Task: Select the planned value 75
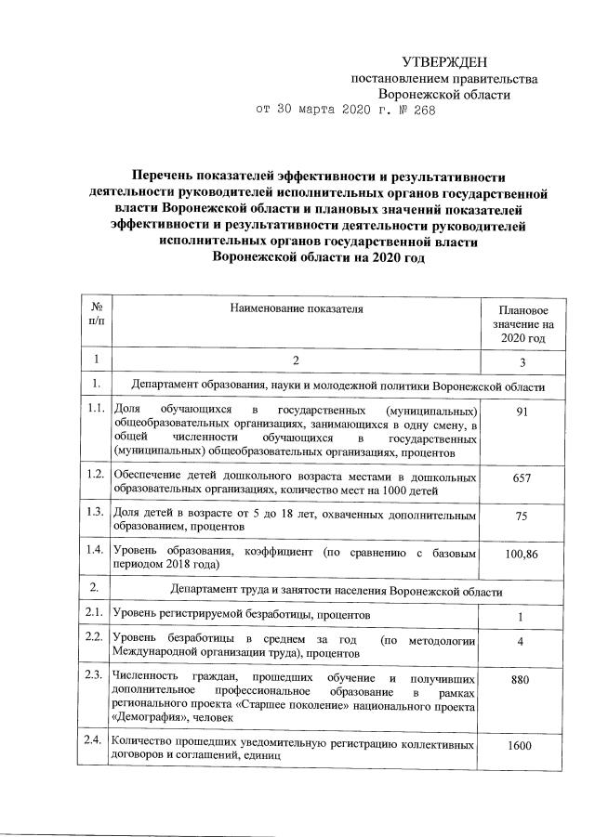(522, 515)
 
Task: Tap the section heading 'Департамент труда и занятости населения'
(337, 591)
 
